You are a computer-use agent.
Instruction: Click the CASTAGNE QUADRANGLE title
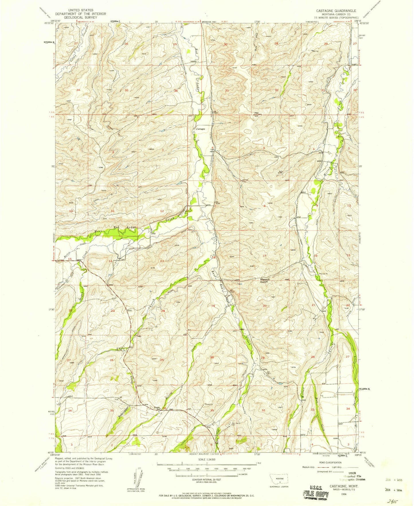[336, 11]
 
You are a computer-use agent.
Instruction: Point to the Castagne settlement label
[201, 129]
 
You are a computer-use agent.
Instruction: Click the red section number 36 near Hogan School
[164, 408]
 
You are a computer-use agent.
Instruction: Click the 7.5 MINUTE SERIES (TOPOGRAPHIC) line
[336, 17]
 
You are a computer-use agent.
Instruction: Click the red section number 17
[264, 255]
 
